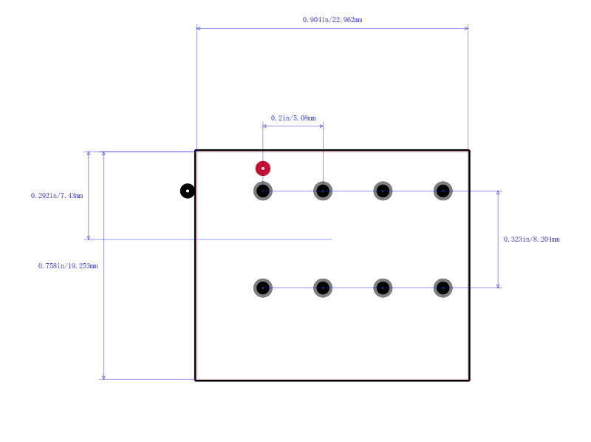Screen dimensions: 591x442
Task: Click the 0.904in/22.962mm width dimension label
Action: click(x=332, y=20)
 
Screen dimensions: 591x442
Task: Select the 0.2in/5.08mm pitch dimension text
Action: click(x=293, y=118)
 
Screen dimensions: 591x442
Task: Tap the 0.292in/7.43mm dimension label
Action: click(x=57, y=196)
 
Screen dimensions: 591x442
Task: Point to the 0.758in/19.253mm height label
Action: click(x=68, y=266)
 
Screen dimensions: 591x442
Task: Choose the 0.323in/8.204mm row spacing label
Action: click(x=531, y=239)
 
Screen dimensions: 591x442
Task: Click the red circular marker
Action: click(x=263, y=169)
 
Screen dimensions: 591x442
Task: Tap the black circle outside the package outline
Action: click(x=188, y=191)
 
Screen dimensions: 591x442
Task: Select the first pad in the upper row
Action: click(x=263, y=191)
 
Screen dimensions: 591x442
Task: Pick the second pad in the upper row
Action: click(x=323, y=191)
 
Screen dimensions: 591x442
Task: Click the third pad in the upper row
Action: click(x=383, y=191)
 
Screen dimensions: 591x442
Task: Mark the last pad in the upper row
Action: click(x=443, y=191)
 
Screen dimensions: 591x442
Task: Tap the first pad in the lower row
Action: click(x=263, y=288)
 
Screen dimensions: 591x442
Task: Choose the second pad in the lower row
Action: click(x=323, y=288)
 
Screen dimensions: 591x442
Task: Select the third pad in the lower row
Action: click(x=383, y=288)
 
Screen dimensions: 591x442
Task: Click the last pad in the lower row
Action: click(x=443, y=288)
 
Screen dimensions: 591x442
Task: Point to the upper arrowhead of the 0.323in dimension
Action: click(x=498, y=193)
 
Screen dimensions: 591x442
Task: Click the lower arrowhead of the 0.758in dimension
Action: click(x=103, y=378)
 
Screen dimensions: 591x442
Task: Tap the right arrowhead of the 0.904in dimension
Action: click(x=466, y=28)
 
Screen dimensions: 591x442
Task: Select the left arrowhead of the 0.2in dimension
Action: click(x=264, y=126)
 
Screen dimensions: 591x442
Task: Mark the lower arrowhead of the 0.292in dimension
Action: click(x=89, y=237)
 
